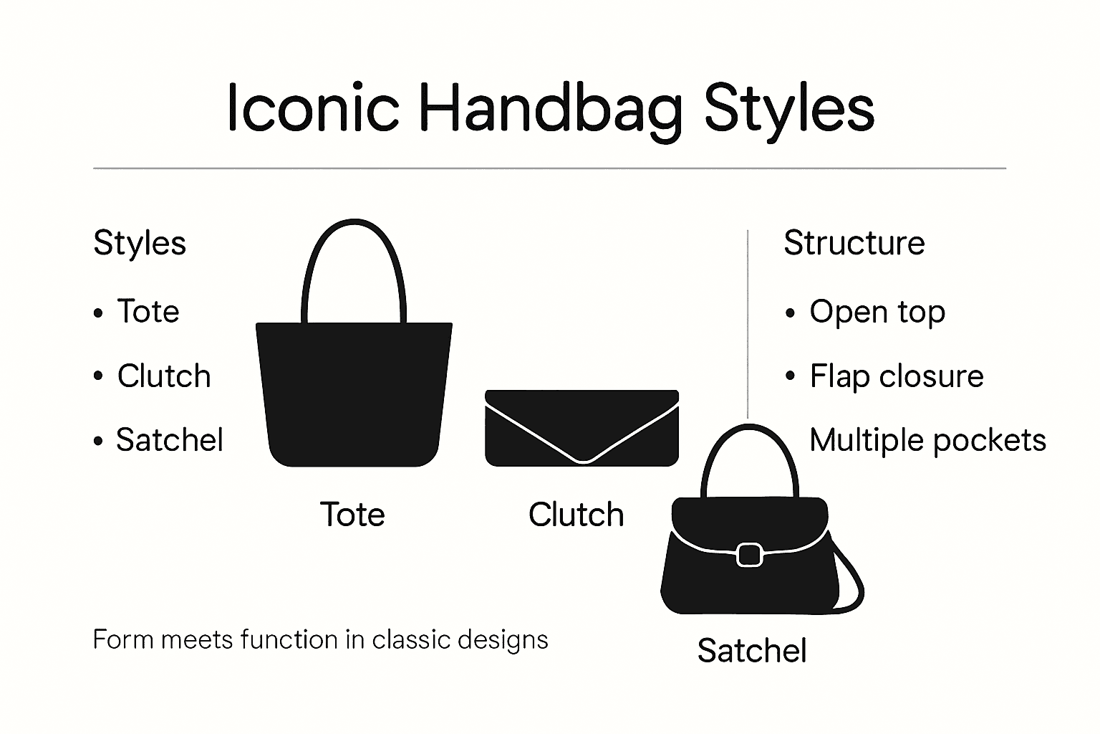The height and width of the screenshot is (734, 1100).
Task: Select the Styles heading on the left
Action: pyautogui.click(x=140, y=243)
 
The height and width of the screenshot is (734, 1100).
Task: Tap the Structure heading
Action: pyautogui.click(x=854, y=243)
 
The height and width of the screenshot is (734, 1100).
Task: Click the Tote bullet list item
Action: pyautogui.click(x=148, y=311)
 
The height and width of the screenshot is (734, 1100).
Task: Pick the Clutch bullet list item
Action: pyautogui.click(x=163, y=376)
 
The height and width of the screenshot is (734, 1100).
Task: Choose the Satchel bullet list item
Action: pyautogui.click(x=169, y=439)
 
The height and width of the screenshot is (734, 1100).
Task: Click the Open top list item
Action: pyautogui.click(x=877, y=312)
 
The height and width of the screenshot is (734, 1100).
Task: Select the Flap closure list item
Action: pyautogui.click(x=896, y=376)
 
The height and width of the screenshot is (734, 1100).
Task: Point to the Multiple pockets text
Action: pyautogui.click(x=927, y=439)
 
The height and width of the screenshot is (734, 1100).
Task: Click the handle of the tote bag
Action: pyautogui.click(x=354, y=237)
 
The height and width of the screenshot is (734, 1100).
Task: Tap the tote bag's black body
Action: pyautogui.click(x=354, y=394)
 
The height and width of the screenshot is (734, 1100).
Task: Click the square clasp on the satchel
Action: pyautogui.click(x=749, y=554)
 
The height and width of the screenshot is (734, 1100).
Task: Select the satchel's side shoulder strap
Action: pyautogui.click(x=854, y=581)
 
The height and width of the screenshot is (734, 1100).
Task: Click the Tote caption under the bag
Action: pyautogui.click(x=352, y=515)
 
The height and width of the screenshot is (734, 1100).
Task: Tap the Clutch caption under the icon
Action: pyautogui.click(x=576, y=515)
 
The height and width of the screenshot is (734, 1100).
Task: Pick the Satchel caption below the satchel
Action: pyautogui.click(x=752, y=651)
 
